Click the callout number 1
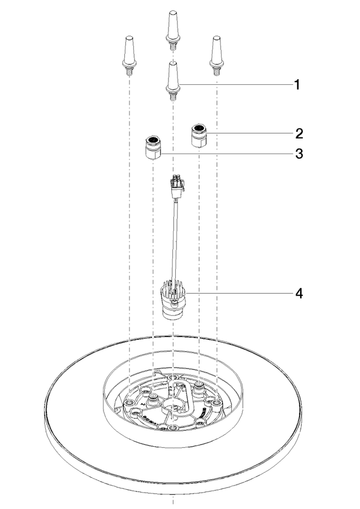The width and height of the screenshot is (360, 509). [x=297, y=85]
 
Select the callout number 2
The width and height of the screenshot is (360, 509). [x=299, y=133]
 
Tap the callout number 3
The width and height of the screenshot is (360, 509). [x=299, y=153]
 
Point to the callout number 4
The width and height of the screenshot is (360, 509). [x=299, y=294]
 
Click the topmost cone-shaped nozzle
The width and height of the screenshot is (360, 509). [x=172, y=30]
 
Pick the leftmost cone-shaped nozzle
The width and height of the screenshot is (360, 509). [x=130, y=55]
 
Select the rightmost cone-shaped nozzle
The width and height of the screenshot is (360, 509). [x=216, y=55]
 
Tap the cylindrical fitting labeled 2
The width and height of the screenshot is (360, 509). [x=199, y=135]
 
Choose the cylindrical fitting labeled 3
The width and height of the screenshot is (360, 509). [x=153, y=148]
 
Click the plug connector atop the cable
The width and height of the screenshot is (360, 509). [x=176, y=187]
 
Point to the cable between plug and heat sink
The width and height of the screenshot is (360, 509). [x=175, y=240]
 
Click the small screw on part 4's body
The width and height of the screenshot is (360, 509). [x=175, y=303]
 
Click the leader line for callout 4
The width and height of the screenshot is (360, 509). [x=238, y=294]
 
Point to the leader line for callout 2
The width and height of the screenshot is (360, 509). [x=249, y=133]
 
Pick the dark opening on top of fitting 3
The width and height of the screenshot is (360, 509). [x=152, y=140]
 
